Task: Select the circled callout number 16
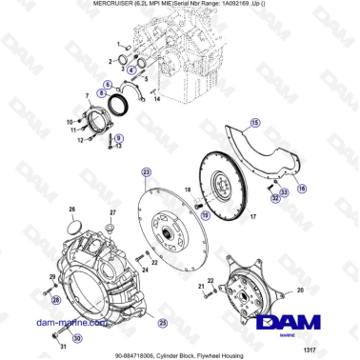(x=301, y=190)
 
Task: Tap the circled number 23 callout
(x=146, y=171)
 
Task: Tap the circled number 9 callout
(x=119, y=138)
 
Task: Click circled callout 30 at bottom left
(x=75, y=336)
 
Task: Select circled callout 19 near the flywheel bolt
(x=203, y=215)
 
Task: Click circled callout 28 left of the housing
(x=55, y=300)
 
